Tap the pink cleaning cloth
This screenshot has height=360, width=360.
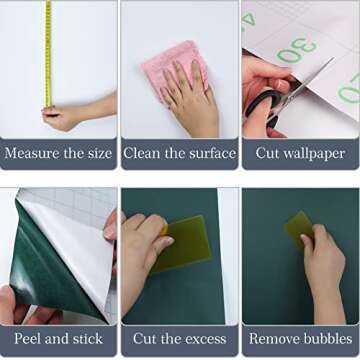coord(175,68)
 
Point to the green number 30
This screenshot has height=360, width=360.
coord(297,50)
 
